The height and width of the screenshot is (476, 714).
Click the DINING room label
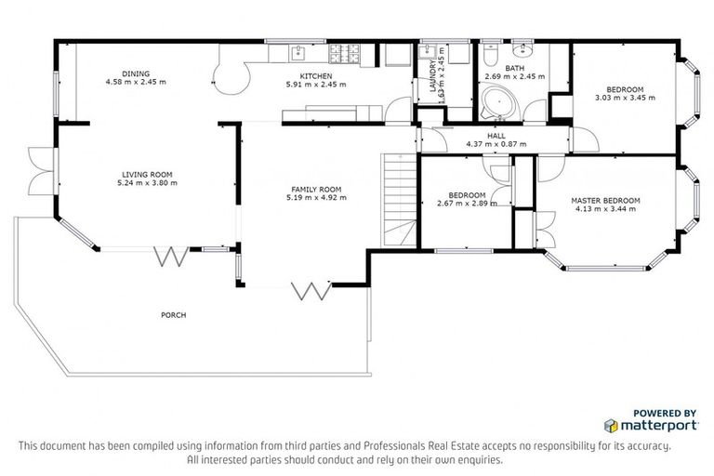click(x=136, y=74)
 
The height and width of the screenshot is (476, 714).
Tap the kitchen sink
click(x=299, y=53)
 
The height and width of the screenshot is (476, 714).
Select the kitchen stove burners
click(x=352, y=53)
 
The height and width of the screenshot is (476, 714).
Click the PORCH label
click(x=173, y=315)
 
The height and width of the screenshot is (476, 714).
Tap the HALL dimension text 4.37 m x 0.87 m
click(x=496, y=144)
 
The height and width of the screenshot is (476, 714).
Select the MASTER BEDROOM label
click(x=605, y=201)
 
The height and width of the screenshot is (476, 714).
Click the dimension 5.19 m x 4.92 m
click(x=316, y=197)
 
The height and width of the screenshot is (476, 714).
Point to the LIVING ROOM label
click(x=148, y=175)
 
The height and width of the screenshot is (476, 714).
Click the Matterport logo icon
click(x=611, y=426)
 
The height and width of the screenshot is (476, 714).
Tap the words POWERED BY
click(x=665, y=412)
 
